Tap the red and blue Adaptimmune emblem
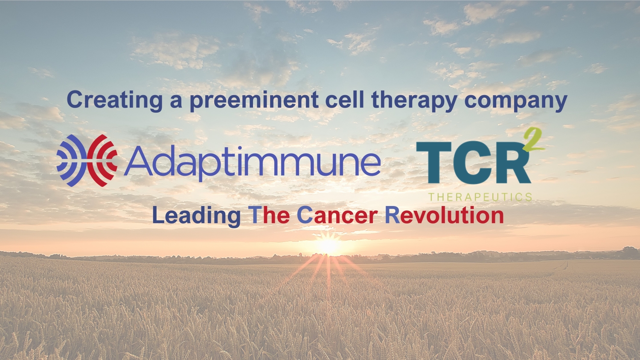[87, 160]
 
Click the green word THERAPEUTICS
[480, 197]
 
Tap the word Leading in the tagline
[197, 216]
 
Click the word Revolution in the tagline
[444, 215]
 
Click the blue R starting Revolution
[393, 215]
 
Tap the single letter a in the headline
[176, 102]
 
